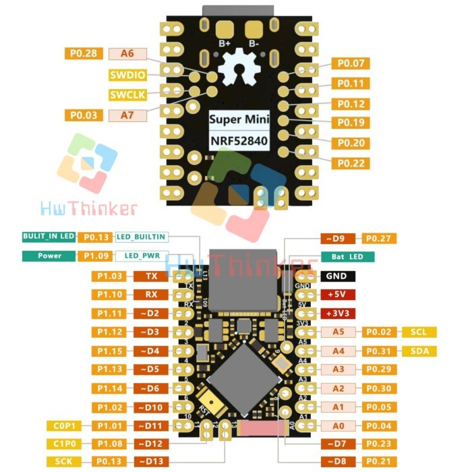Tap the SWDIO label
click(x=126, y=74)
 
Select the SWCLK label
click(x=126, y=94)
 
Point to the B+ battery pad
click(x=224, y=30)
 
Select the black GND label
click(x=336, y=276)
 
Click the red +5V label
click(x=336, y=295)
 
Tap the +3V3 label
click(x=336, y=314)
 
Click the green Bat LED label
click(x=348, y=257)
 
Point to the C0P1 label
click(x=64, y=425)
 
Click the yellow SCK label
click(x=64, y=461)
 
